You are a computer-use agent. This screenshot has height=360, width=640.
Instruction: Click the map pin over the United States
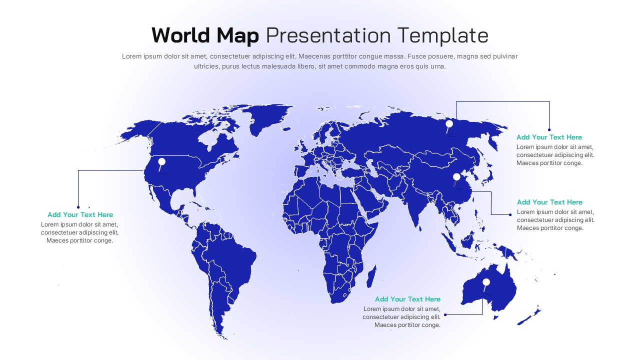161,162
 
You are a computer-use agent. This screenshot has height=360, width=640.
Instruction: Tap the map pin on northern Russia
449,124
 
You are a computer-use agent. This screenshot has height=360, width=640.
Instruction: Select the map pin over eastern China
456,177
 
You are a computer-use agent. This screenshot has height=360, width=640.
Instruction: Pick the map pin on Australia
486,282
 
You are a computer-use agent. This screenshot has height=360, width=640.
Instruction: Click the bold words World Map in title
205,35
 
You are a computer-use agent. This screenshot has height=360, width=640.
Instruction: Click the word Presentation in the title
328,35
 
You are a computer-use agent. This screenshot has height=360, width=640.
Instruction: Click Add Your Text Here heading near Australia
407,299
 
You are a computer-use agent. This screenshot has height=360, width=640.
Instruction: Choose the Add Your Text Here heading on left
80,214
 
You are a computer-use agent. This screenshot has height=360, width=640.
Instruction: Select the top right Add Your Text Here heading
549,137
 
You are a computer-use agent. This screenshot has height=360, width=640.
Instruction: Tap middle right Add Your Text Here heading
549,202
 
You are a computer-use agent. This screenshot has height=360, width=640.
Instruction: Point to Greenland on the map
265,117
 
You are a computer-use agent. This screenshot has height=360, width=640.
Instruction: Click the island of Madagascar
371,276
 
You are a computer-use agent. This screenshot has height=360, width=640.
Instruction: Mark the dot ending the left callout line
78,207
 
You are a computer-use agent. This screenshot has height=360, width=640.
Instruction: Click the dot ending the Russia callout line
549,130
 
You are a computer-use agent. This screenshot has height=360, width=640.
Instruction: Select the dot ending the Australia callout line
445,314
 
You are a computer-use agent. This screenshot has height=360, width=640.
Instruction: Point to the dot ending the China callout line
510,214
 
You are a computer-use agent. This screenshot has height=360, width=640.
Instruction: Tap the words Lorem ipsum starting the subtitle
141,56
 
